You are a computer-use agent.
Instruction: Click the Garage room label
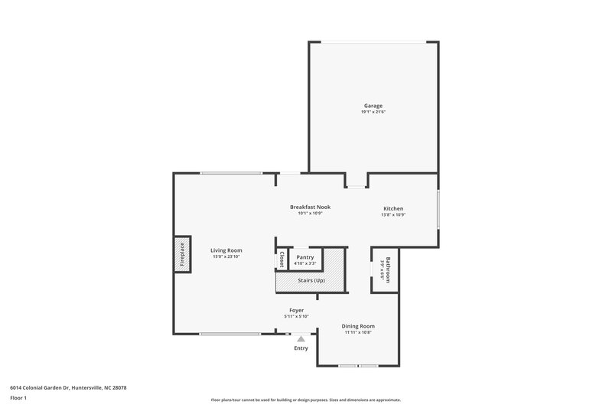coord(373,106)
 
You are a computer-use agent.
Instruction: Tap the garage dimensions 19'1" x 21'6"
coord(373,113)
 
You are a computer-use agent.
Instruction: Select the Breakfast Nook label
coord(310,207)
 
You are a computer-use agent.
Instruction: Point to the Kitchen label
coord(393,209)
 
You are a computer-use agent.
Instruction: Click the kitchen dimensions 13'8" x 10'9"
coord(393,215)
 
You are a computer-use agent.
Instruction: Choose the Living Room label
coord(226,250)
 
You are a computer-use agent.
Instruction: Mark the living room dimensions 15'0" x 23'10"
coord(226,257)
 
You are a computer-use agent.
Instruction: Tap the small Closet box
coord(282,259)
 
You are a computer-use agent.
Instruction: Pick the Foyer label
coord(295,311)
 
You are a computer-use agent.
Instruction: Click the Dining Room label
coord(357,326)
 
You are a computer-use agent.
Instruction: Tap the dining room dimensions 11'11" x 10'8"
coord(357,333)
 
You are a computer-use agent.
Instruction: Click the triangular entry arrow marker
coord(301,338)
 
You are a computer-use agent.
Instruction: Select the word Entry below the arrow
coord(301,348)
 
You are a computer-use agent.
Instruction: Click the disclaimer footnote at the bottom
coord(305,400)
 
